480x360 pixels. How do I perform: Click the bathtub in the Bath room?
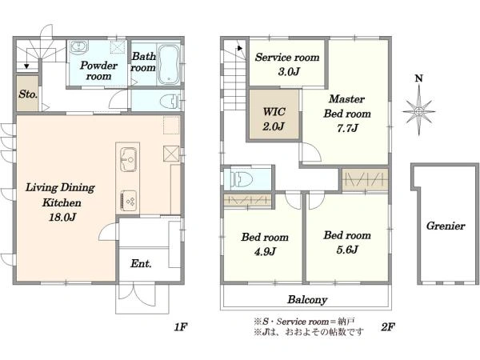click(x=169, y=65)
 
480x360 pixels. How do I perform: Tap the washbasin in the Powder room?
click(x=79, y=47)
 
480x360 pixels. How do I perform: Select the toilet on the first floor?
click(x=168, y=101)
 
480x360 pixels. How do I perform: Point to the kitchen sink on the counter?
click(x=128, y=159)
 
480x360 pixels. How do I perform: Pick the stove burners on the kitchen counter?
click(x=129, y=201)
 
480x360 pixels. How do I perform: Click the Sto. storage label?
click(x=28, y=94)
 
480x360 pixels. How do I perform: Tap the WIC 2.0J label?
click(x=274, y=118)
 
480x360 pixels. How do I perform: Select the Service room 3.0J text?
click(x=287, y=64)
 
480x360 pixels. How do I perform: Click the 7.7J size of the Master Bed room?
click(x=347, y=128)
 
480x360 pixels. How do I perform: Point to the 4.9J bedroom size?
click(x=265, y=251)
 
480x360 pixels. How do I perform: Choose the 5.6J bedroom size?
click(x=347, y=250)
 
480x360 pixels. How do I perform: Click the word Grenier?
click(x=446, y=226)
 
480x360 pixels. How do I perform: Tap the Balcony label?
click(x=307, y=299)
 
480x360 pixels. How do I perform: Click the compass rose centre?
click(x=419, y=111)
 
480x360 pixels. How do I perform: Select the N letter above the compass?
click(x=418, y=78)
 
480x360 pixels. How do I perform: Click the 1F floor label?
click(x=181, y=327)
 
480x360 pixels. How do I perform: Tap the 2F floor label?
click(x=387, y=327)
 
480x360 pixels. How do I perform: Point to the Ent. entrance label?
click(x=141, y=263)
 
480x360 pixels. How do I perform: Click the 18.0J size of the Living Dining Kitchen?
click(x=62, y=217)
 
